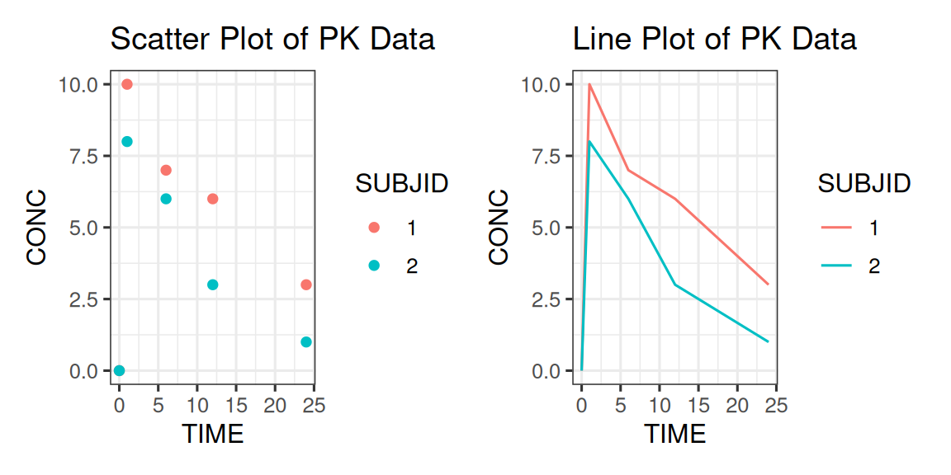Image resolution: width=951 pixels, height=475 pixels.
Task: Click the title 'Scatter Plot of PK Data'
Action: point(272,39)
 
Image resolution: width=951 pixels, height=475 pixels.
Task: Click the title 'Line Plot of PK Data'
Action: point(715,39)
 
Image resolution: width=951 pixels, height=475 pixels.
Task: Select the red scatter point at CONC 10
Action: point(127,84)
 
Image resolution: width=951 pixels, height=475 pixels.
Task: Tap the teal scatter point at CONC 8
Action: point(127,141)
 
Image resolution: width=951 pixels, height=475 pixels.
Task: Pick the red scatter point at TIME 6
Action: point(166,170)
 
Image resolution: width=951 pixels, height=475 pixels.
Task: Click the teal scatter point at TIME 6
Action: point(166,199)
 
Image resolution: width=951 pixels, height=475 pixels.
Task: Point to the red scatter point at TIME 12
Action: point(212,199)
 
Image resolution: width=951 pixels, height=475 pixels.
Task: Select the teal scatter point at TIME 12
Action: point(212,285)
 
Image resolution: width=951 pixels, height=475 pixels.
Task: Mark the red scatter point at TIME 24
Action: point(306,285)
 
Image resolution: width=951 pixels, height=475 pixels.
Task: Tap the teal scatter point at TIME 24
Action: point(306,342)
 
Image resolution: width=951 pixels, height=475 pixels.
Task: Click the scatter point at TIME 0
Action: point(119,370)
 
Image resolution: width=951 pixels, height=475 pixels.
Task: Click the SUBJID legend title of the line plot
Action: point(863,183)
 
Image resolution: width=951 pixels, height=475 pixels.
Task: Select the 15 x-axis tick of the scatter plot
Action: point(236,405)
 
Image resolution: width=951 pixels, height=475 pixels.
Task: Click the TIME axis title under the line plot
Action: point(674,433)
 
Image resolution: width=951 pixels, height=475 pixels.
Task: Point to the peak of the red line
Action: point(589,84)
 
